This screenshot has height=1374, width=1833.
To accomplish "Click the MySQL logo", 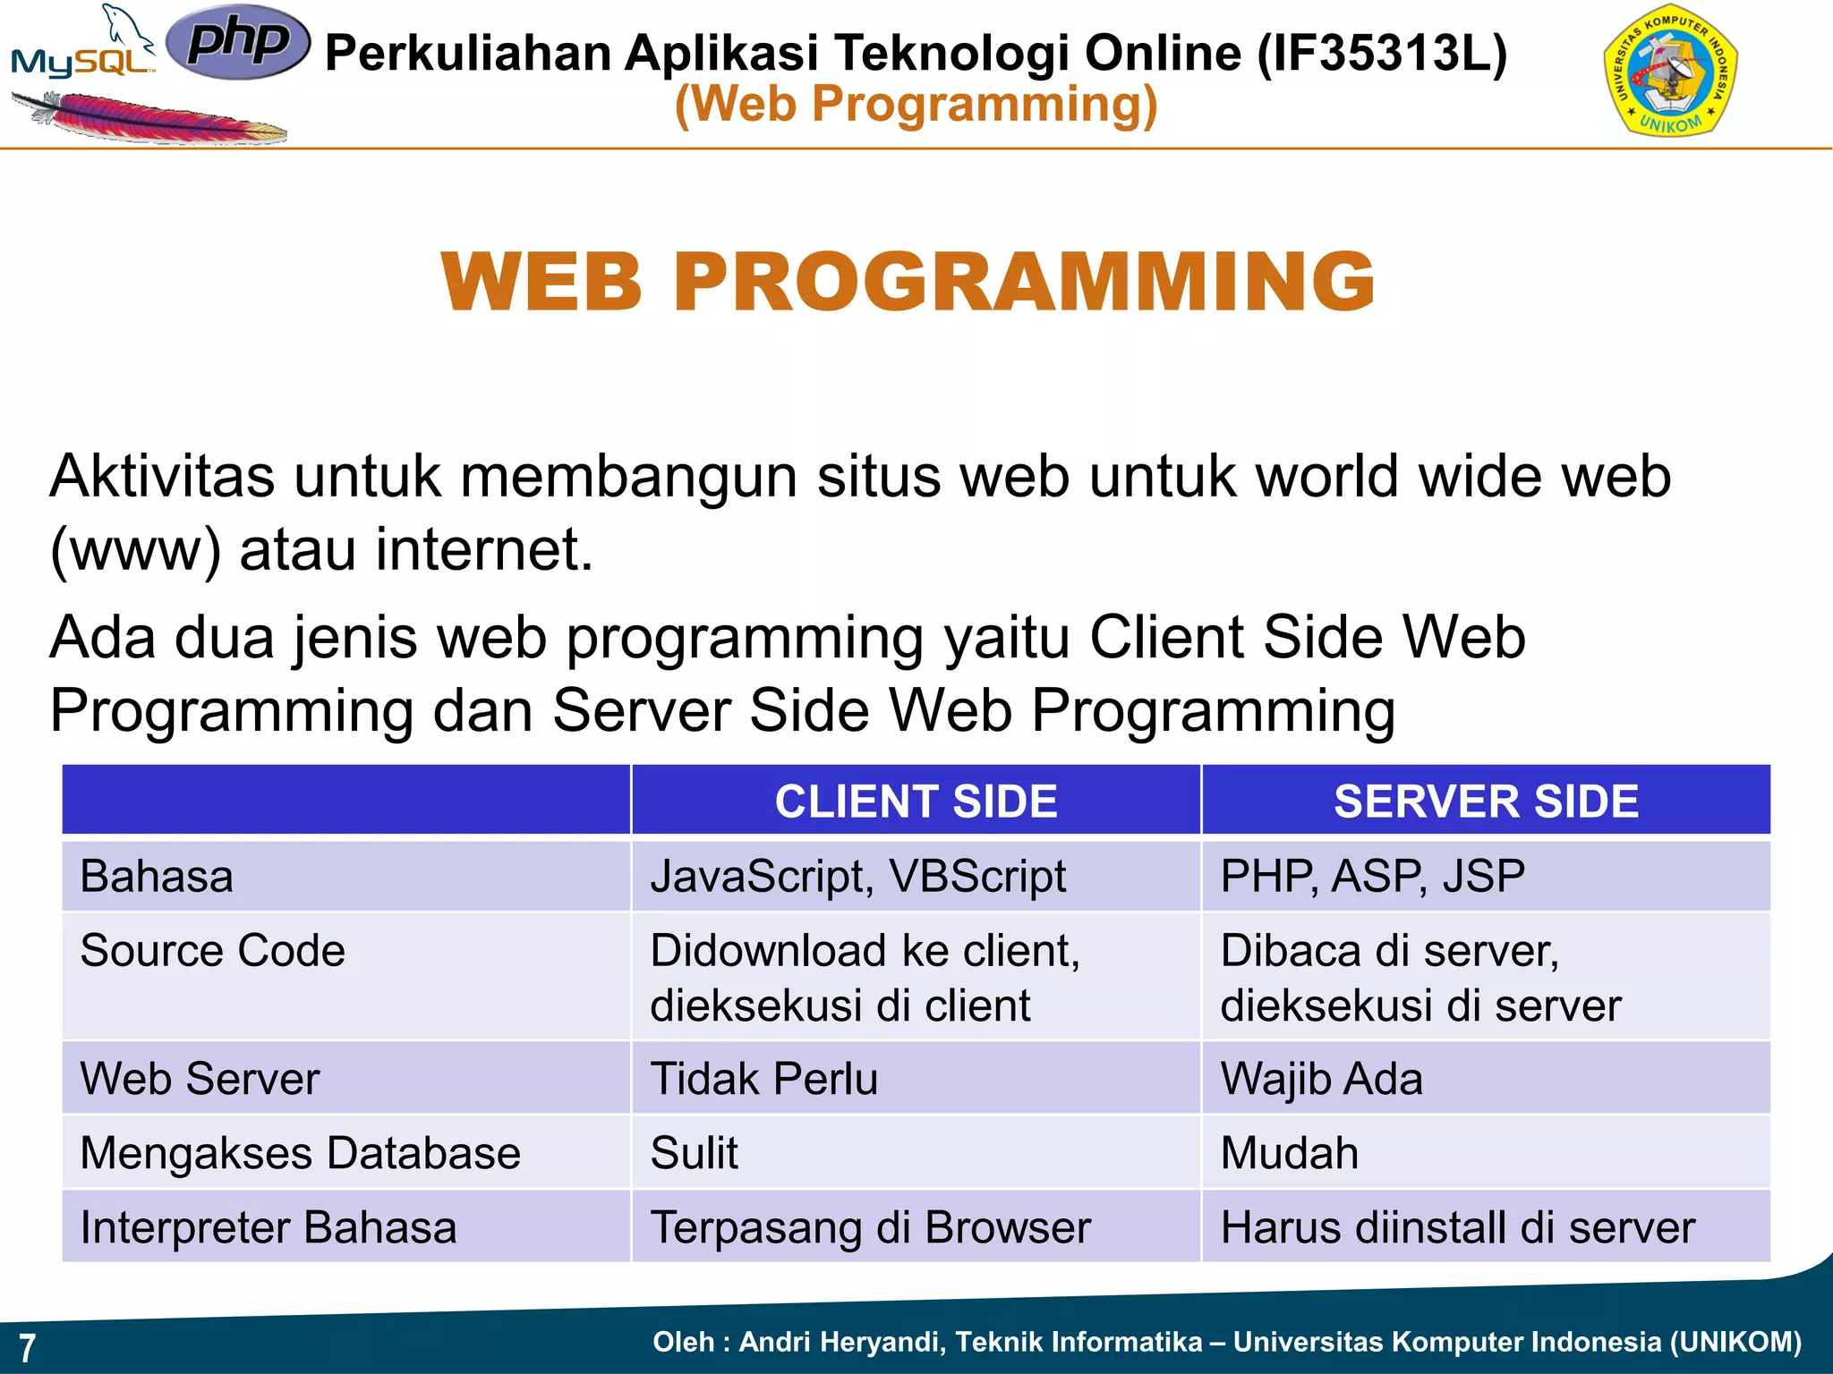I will click(x=82, y=49).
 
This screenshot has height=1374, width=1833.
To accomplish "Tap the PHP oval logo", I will click(x=238, y=41).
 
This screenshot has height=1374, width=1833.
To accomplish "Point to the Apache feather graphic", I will click(x=148, y=119).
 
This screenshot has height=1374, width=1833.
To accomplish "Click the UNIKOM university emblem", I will click(x=1670, y=72).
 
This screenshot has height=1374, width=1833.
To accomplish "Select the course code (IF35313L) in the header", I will click(x=1382, y=52).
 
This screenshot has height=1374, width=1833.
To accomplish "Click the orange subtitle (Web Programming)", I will click(x=916, y=105).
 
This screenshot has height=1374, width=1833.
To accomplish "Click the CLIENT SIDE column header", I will click(x=916, y=801).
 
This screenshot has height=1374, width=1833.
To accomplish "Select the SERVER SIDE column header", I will click(x=1486, y=801).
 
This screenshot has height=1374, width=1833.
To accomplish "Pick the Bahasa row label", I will click(x=157, y=876).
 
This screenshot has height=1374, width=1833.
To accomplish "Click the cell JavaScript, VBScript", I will click(x=857, y=876).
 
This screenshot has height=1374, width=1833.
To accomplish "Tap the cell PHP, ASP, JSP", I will click(x=1372, y=876).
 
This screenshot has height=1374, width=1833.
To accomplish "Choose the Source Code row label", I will click(x=212, y=950).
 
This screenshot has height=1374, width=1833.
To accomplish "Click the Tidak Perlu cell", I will click(x=763, y=1078).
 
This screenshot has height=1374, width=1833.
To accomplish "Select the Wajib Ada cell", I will click(x=1321, y=1078).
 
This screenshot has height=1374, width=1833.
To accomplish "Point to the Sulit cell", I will click(x=695, y=1152).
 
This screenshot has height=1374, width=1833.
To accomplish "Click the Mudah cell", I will click(x=1289, y=1152).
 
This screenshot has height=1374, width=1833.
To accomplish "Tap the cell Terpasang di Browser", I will click(x=870, y=1226).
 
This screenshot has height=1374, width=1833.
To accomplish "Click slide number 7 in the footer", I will click(x=28, y=1347).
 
